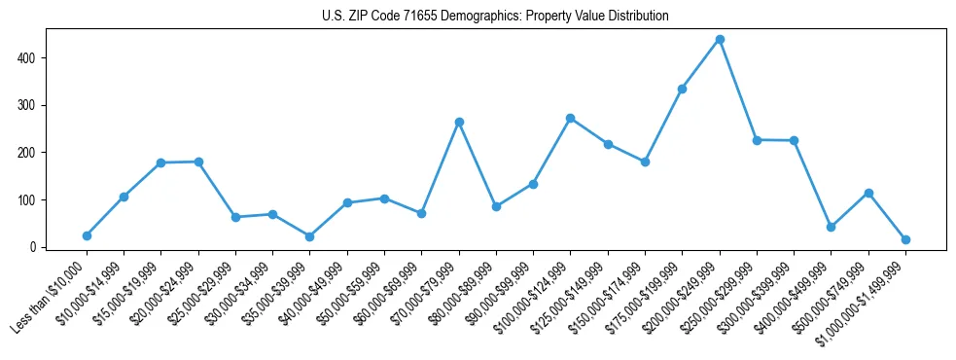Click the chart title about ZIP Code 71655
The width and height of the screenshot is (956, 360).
click(x=495, y=17)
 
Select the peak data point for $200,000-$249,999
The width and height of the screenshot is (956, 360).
click(x=720, y=40)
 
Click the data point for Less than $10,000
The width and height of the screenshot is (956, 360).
click(x=87, y=235)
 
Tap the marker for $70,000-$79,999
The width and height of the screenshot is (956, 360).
click(x=459, y=123)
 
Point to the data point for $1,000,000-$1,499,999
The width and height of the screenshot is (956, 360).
click(x=905, y=239)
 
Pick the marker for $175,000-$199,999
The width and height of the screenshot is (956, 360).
click(x=683, y=89)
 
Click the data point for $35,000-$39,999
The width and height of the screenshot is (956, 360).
click(x=309, y=236)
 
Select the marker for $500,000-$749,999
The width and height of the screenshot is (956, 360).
click(x=868, y=193)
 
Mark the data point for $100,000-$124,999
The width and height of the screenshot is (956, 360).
click(x=571, y=118)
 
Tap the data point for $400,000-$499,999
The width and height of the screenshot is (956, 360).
click(x=832, y=227)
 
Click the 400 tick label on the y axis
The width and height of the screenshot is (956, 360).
click(x=28, y=58)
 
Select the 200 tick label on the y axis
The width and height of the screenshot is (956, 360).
click(x=28, y=153)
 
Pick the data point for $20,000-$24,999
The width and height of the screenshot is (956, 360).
click(x=198, y=162)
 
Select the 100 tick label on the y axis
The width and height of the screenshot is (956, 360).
click(x=28, y=200)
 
